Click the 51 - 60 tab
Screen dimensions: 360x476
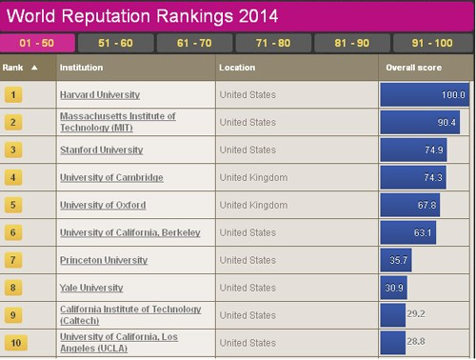point(114,43)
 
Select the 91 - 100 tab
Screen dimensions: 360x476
point(431,43)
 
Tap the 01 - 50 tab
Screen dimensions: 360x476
point(35,43)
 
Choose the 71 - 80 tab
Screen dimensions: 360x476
point(272,43)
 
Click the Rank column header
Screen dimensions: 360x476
point(21,68)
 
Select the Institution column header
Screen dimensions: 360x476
point(82,68)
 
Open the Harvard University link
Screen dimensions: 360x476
point(99,95)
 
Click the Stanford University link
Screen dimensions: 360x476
point(101,150)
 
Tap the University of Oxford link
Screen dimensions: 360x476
point(99,206)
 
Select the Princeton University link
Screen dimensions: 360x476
point(103,260)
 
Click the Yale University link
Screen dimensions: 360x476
point(91,288)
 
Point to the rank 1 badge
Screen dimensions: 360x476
point(13,95)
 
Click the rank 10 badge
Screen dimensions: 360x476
point(13,342)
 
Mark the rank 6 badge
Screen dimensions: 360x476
point(13,233)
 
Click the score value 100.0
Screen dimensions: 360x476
point(453,95)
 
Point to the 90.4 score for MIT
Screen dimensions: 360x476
point(445,123)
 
